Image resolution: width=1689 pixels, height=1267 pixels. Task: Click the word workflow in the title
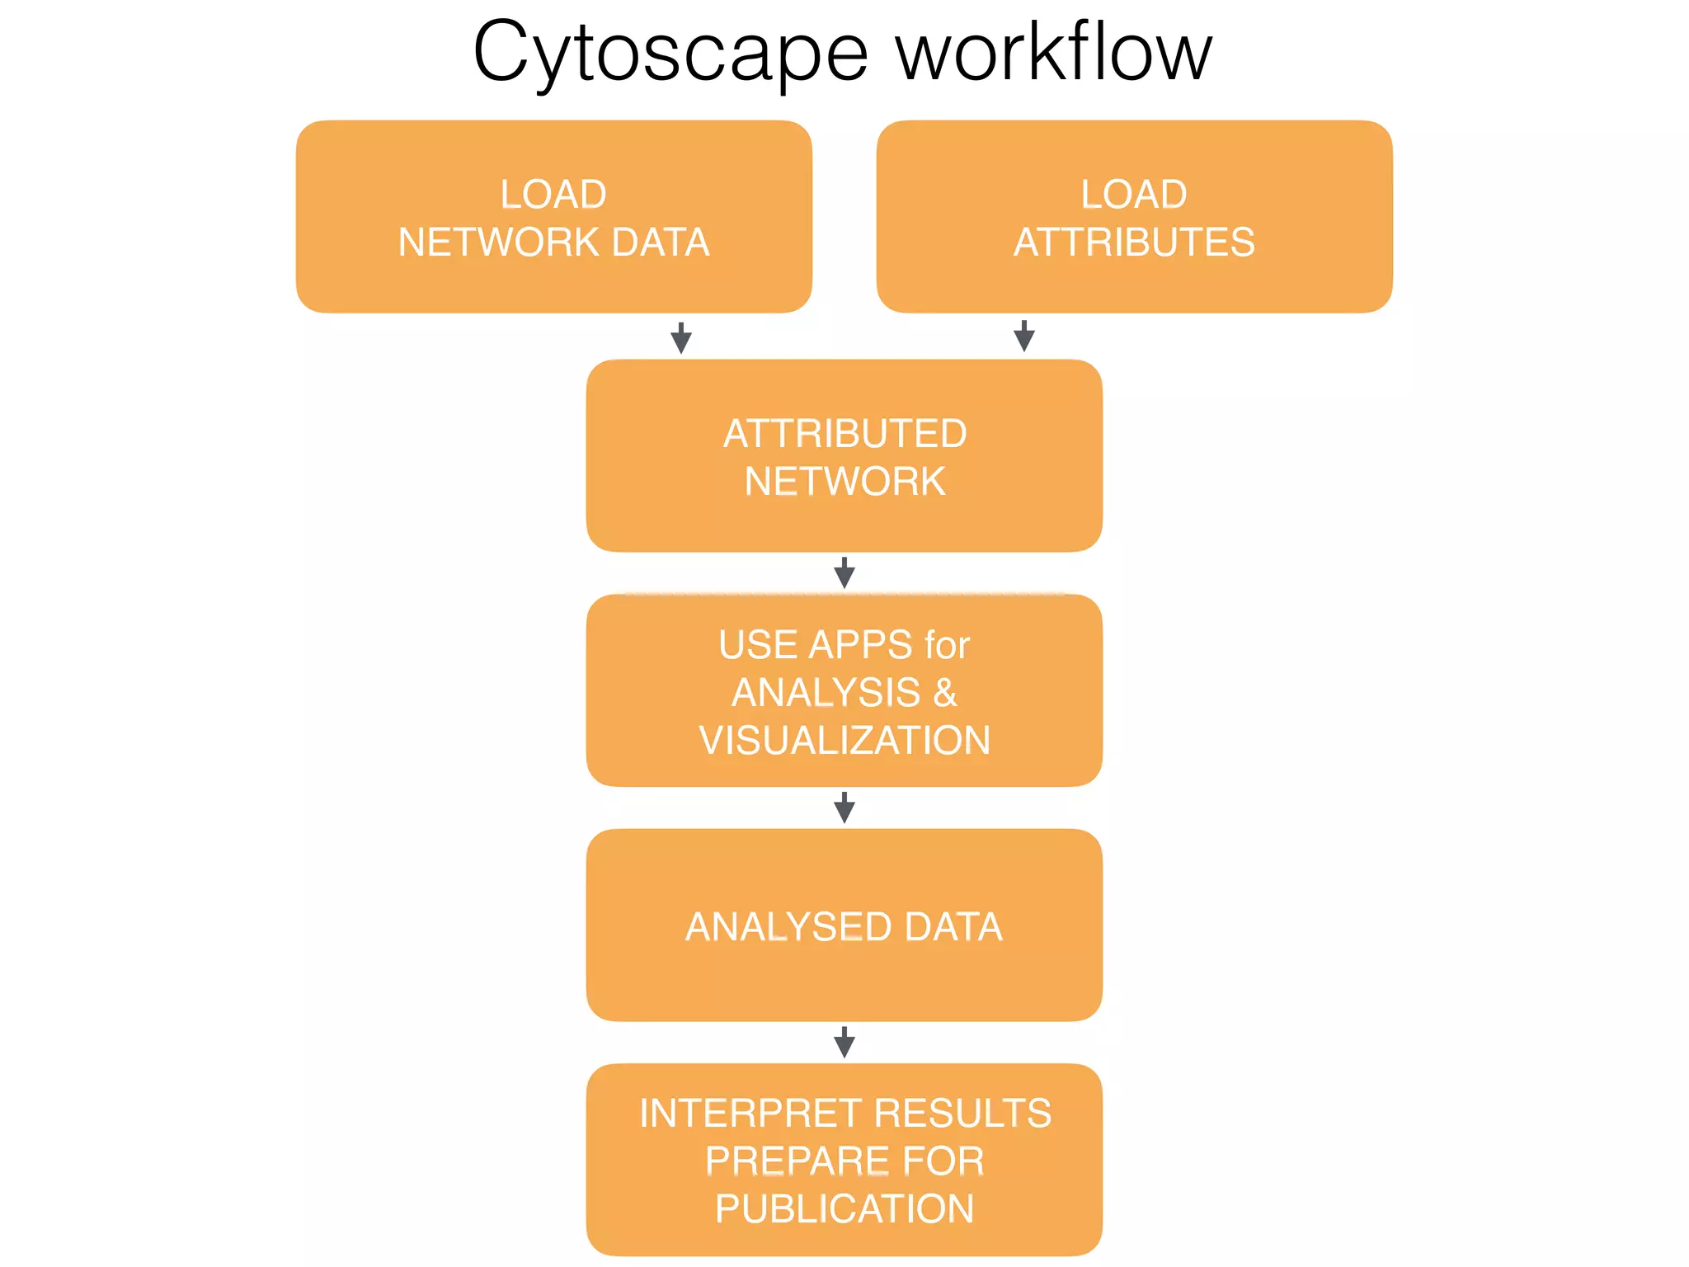1054,53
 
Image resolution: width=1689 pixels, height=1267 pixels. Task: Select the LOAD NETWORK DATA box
553,217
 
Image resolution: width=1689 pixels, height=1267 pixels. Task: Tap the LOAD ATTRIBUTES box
1134,217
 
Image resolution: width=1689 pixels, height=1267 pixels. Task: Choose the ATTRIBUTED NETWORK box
844,455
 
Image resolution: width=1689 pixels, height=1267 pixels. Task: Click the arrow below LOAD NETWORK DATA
681,337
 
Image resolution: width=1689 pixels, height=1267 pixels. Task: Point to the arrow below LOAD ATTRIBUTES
1024,336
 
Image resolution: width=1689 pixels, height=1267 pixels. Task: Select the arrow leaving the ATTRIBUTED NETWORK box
844,572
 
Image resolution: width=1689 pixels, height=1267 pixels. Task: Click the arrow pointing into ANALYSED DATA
844,808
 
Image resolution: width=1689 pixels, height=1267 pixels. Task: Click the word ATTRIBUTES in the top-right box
1134,243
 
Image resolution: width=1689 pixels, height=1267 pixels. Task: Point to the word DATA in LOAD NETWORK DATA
661,243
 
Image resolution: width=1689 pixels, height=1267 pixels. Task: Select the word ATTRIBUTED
844,434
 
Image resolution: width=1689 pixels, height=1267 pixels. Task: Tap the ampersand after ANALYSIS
945,693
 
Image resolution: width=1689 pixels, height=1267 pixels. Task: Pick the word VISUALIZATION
844,741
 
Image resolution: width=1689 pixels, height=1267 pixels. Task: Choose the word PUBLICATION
844,1209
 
